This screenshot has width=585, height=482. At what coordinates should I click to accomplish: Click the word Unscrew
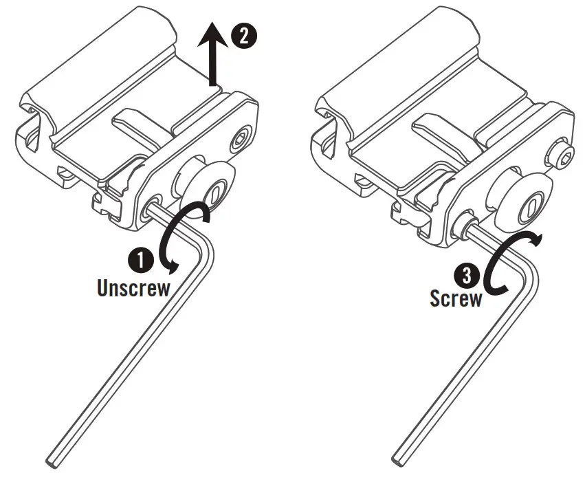(x=133, y=287)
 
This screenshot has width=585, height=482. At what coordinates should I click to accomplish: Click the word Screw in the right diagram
(x=456, y=298)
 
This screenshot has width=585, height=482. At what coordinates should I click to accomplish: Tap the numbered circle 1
(x=142, y=260)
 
